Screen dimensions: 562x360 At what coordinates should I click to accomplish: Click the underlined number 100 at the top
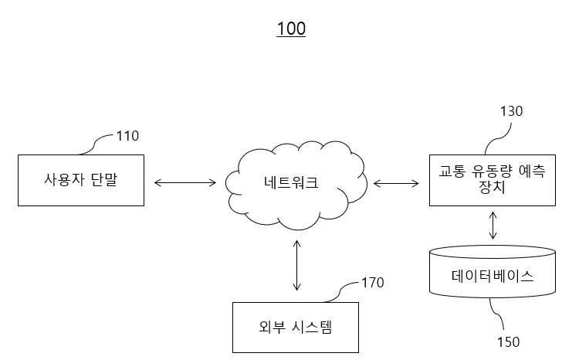click(291, 29)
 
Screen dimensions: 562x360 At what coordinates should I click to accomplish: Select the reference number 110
click(127, 136)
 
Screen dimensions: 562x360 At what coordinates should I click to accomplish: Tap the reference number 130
click(512, 111)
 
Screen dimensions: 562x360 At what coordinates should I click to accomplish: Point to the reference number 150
click(508, 341)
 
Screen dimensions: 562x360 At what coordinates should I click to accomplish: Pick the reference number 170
click(373, 283)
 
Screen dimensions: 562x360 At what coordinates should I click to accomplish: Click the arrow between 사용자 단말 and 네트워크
click(185, 183)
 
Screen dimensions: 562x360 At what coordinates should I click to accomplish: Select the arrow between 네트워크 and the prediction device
click(396, 184)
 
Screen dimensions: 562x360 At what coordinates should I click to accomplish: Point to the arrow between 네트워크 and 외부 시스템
click(296, 265)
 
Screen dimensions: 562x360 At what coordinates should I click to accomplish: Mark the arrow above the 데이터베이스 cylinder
click(493, 225)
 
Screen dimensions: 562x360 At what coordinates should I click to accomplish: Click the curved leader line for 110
click(94, 144)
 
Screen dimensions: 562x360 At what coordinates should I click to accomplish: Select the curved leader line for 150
click(498, 314)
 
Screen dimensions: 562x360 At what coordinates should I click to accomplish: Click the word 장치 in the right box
click(492, 188)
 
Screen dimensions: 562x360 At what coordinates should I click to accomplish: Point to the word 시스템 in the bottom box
click(312, 327)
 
